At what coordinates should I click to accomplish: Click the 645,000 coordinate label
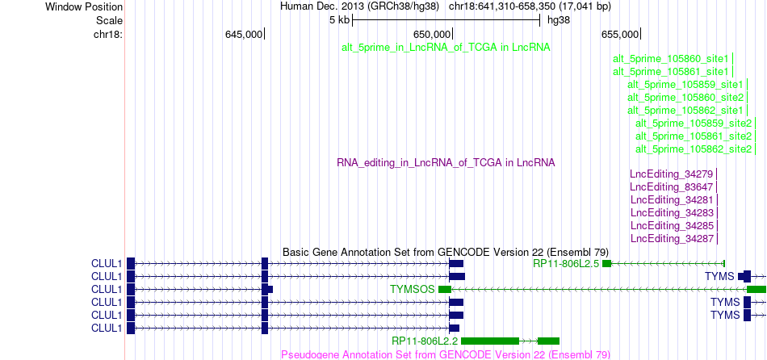pos(244,34)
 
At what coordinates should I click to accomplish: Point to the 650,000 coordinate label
pos(432,34)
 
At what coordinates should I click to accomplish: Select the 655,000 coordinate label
pos(620,34)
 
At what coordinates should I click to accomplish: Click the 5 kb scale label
pos(339,20)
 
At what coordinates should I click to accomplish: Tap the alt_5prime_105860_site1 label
pos(671,59)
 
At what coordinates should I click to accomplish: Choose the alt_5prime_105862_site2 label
pos(694,149)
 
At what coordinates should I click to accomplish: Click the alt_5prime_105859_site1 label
pos(685,85)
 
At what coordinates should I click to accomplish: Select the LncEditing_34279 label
pos(672,174)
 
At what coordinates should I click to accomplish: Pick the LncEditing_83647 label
pos(672,186)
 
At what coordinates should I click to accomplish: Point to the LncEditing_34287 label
pos(673,239)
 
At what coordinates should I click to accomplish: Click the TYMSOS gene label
pos(413,290)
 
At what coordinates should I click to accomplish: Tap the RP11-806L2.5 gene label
pos(567,264)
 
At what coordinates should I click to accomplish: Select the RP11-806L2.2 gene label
pos(425,341)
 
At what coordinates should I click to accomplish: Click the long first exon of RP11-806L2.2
pos(490,341)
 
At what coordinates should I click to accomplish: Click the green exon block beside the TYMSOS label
pos(445,290)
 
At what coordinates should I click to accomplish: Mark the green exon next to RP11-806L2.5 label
pos(606,264)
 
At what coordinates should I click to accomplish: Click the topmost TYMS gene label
pos(719,276)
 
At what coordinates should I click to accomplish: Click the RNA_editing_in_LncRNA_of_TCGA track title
pos(446,162)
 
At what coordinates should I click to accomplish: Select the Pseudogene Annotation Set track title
pos(446,354)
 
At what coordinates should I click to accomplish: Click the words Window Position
pos(84,6)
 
